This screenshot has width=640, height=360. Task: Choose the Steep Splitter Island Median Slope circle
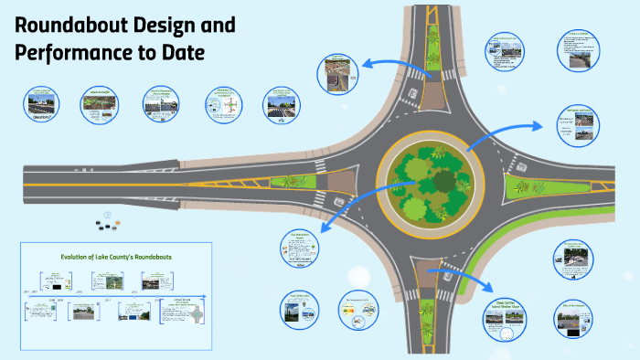tap(505, 316)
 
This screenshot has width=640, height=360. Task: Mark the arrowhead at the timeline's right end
tap(208, 297)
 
